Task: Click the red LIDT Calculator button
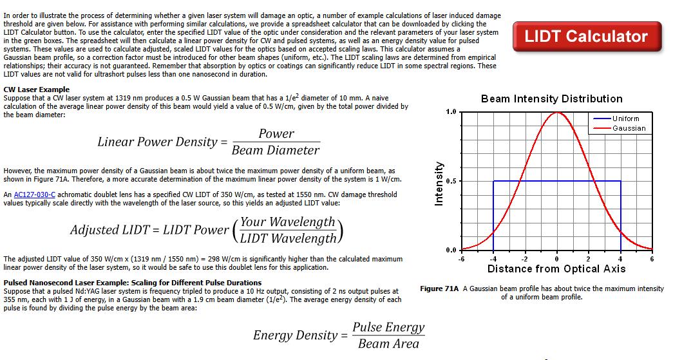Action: click(x=587, y=37)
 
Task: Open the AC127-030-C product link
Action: click(x=34, y=194)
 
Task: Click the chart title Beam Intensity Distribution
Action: click(x=551, y=99)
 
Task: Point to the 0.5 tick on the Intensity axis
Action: click(x=451, y=181)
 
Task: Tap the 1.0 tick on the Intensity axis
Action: click(x=451, y=112)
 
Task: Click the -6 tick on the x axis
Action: click(x=461, y=259)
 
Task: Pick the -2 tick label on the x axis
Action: click(x=524, y=259)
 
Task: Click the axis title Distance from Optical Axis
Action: click(x=556, y=269)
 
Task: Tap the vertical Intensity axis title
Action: click(x=439, y=184)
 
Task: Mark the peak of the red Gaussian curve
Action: click(x=557, y=113)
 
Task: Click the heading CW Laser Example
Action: click(x=37, y=90)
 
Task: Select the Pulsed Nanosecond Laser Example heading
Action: click(x=132, y=283)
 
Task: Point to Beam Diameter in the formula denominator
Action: click(x=276, y=150)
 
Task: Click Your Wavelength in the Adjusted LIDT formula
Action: click(x=288, y=222)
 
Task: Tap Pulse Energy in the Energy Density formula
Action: click(x=388, y=327)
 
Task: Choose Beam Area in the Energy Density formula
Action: click(x=388, y=344)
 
